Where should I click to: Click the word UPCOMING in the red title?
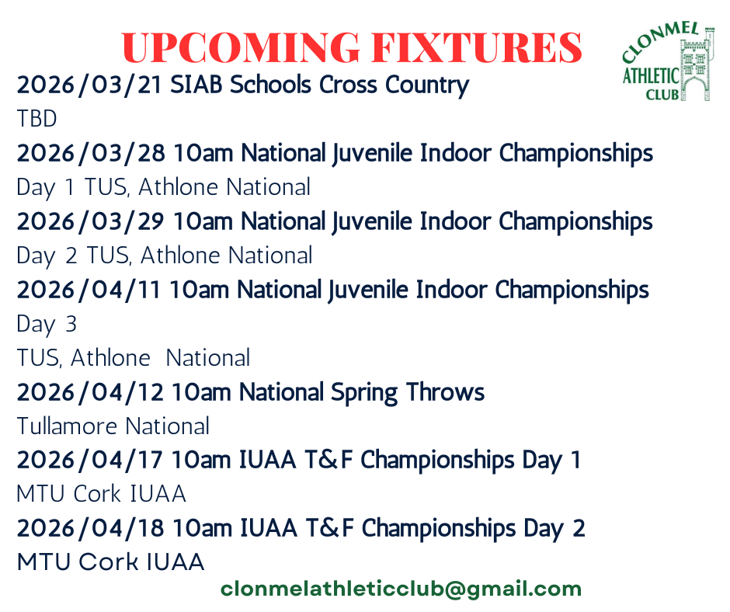pyautogui.click(x=241, y=47)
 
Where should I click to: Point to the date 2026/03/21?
pyautogui.click(x=89, y=85)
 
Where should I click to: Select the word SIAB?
pyautogui.click(x=196, y=85)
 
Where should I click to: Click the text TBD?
pyautogui.click(x=36, y=119)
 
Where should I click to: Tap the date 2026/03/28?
pyautogui.click(x=91, y=153)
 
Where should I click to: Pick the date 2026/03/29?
pyautogui.click(x=91, y=221)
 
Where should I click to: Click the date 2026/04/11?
pyautogui.click(x=89, y=290)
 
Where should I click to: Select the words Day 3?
pyautogui.click(x=47, y=324)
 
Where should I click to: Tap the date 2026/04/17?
pyautogui.click(x=89, y=460)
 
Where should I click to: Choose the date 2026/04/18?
pyautogui.click(x=90, y=528)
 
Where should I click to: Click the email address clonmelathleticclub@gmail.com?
pyautogui.click(x=401, y=589)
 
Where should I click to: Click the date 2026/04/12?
pyautogui.click(x=90, y=392)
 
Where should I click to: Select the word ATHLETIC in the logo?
pyautogui.click(x=651, y=75)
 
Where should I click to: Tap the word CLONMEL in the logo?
pyautogui.click(x=659, y=40)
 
